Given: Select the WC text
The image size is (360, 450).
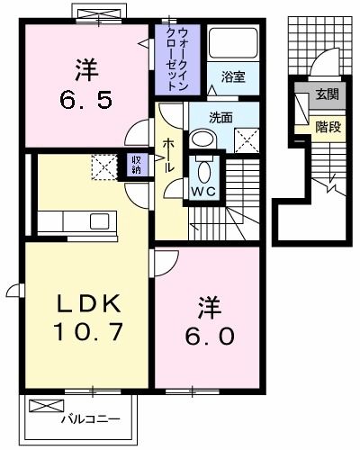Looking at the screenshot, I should click(x=202, y=192).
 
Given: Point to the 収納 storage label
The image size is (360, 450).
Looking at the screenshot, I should click(x=137, y=166).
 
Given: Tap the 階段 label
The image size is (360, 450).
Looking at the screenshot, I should click(x=328, y=127).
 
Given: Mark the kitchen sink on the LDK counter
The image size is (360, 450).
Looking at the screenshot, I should click(x=98, y=220).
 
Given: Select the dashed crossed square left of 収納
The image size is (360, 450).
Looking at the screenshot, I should click(x=103, y=166).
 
